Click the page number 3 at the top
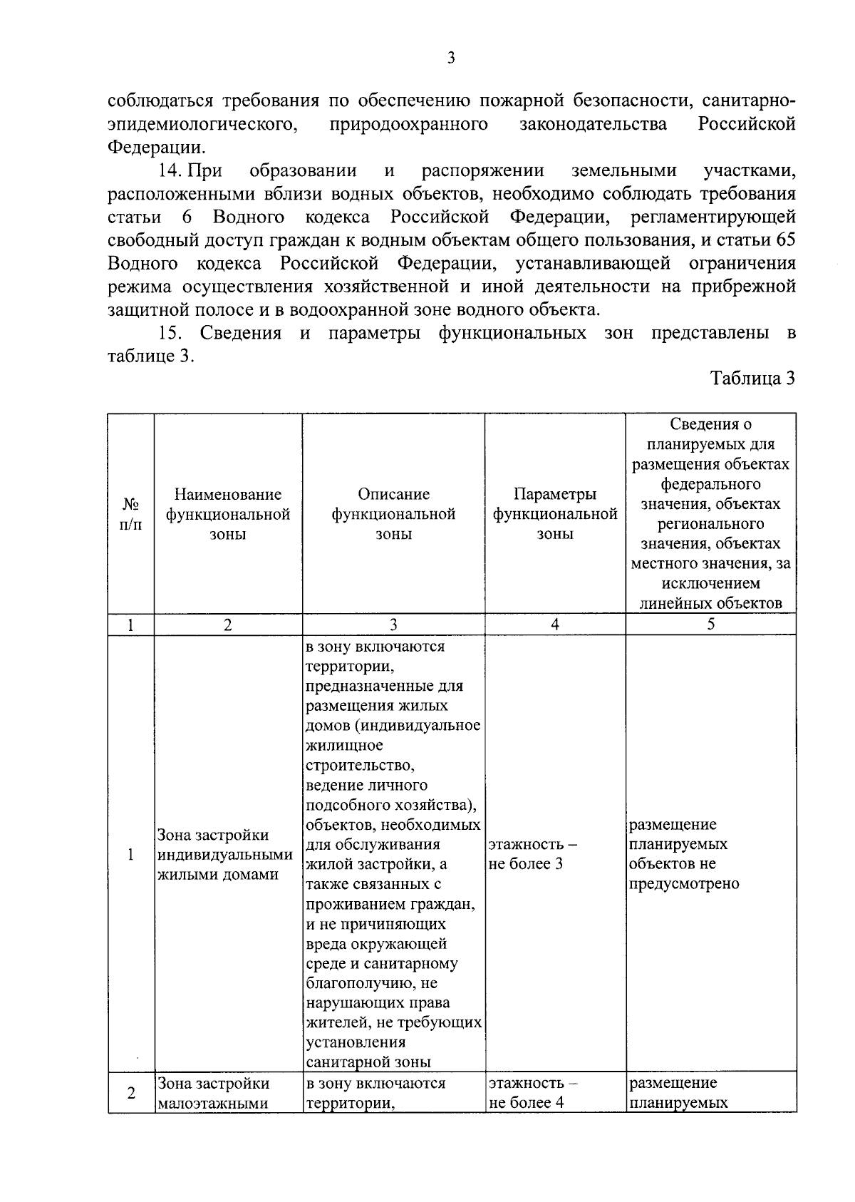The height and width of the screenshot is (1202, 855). click(450, 58)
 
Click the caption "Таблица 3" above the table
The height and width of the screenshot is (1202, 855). click(752, 379)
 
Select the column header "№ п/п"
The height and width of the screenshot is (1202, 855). click(130, 514)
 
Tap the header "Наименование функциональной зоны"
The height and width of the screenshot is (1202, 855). click(228, 514)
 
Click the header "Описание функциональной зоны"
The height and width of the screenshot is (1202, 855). click(393, 514)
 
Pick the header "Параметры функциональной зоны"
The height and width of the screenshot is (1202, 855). click(555, 514)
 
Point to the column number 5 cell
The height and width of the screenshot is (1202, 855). click(710, 625)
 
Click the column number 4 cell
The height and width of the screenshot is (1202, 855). click(555, 625)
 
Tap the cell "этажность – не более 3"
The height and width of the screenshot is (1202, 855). click(532, 854)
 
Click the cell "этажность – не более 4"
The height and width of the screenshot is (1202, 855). click(532, 1093)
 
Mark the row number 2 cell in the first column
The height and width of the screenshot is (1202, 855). click(130, 1093)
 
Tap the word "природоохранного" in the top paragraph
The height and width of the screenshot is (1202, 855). click(409, 125)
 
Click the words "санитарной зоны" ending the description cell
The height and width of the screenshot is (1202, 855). click(368, 1061)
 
